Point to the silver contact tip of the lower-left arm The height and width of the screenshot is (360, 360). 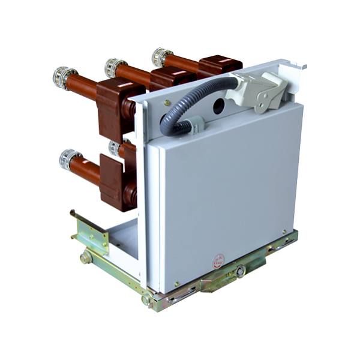[68, 159]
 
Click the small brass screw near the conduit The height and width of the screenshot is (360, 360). [168, 103]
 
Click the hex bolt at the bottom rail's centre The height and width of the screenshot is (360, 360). [241, 272]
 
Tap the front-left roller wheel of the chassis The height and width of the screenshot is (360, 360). [146, 299]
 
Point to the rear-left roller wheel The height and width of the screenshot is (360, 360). [86, 258]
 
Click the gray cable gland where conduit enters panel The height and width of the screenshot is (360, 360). [195, 125]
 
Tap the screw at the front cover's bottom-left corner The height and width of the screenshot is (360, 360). [176, 284]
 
